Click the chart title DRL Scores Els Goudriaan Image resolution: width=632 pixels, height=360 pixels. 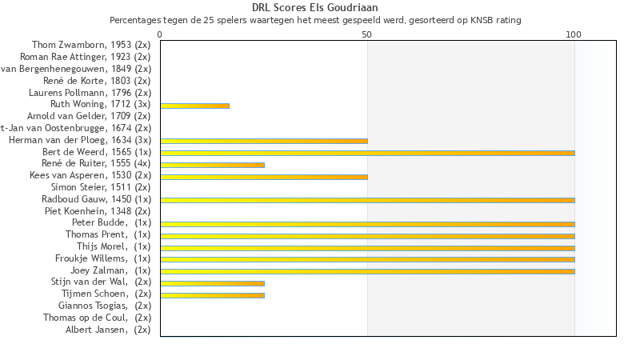(315, 7)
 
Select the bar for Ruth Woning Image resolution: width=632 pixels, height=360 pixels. (194, 106)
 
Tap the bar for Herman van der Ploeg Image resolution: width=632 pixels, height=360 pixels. (264, 141)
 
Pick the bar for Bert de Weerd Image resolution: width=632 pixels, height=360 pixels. (367, 153)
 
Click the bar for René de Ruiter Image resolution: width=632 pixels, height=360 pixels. (212, 165)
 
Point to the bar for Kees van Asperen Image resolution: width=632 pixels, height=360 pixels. (264, 176)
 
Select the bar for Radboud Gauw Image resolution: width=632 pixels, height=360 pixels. (367, 200)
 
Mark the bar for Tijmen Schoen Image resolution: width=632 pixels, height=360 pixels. (212, 295)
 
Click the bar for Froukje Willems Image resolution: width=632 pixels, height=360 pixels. (367, 259)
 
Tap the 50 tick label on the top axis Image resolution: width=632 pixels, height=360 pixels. (367, 35)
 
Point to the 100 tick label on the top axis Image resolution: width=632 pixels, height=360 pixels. (574, 35)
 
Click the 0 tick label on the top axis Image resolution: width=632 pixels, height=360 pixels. (160, 35)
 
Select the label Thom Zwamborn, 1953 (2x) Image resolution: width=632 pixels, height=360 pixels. (91, 45)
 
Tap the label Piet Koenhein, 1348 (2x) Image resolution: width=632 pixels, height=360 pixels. (98, 211)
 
